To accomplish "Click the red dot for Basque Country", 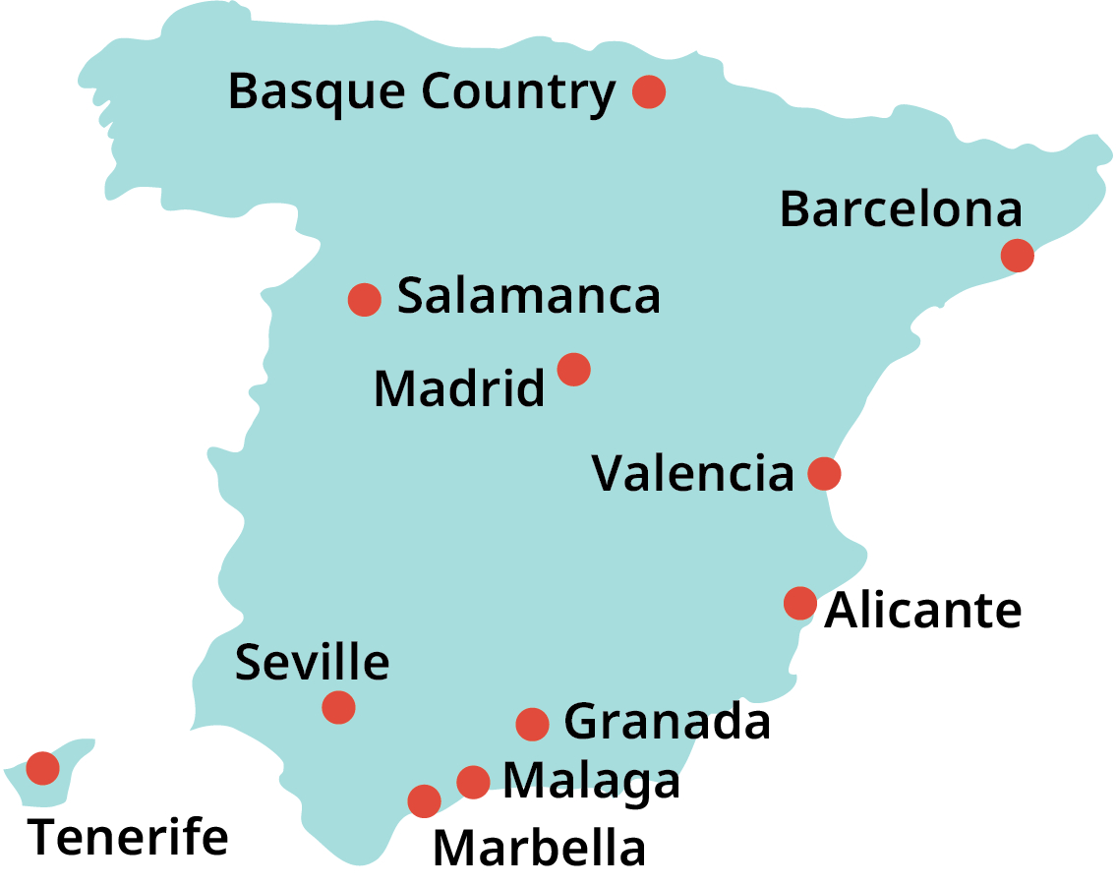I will [649, 91].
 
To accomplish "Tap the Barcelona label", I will [901, 209].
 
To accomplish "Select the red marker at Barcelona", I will [1017, 256].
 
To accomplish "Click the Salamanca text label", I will [528, 296].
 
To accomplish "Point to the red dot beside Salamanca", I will [364, 299].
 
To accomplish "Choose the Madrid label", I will [458, 388].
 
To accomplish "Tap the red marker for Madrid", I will [573, 370].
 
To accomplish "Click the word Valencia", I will [692, 474].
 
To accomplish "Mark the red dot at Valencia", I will [824, 474].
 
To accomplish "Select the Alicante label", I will [922, 611].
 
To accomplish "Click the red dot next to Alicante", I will [799, 602].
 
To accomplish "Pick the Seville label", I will [312, 663].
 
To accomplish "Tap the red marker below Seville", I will [338, 707].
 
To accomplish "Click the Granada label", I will [667, 723].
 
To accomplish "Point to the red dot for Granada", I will [532, 724].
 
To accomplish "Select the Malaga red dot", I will [473, 782].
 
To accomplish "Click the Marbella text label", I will [539, 849].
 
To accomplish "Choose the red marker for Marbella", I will [424, 800].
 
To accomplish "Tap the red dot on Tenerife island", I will [42, 767].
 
